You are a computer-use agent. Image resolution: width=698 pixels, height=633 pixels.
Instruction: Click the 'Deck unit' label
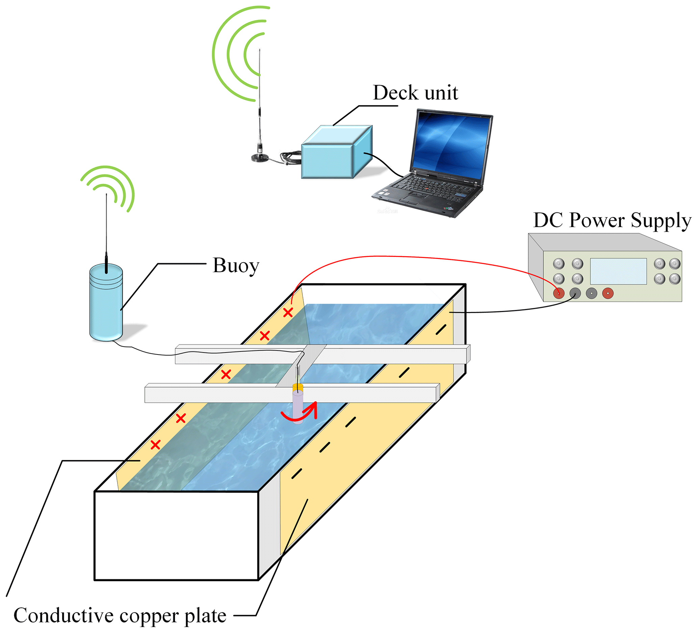(x=415, y=93)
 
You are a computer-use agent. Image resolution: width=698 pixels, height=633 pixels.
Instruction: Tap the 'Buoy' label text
(x=236, y=266)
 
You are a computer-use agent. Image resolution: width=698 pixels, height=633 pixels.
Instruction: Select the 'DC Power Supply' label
(x=612, y=220)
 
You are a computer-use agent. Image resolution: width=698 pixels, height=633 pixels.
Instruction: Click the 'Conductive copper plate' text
(x=120, y=615)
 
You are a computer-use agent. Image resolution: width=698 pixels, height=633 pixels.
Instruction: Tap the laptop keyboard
(x=433, y=189)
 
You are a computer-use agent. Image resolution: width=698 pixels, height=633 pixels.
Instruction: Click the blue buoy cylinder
(x=106, y=305)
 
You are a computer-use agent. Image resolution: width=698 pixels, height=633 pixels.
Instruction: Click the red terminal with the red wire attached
(x=559, y=293)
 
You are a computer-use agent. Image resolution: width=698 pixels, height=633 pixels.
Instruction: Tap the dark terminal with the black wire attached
(x=575, y=293)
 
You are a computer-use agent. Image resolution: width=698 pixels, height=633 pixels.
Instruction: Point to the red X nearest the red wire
(x=288, y=313)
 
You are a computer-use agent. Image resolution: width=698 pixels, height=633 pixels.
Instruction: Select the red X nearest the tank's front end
(x=155, y=445)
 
